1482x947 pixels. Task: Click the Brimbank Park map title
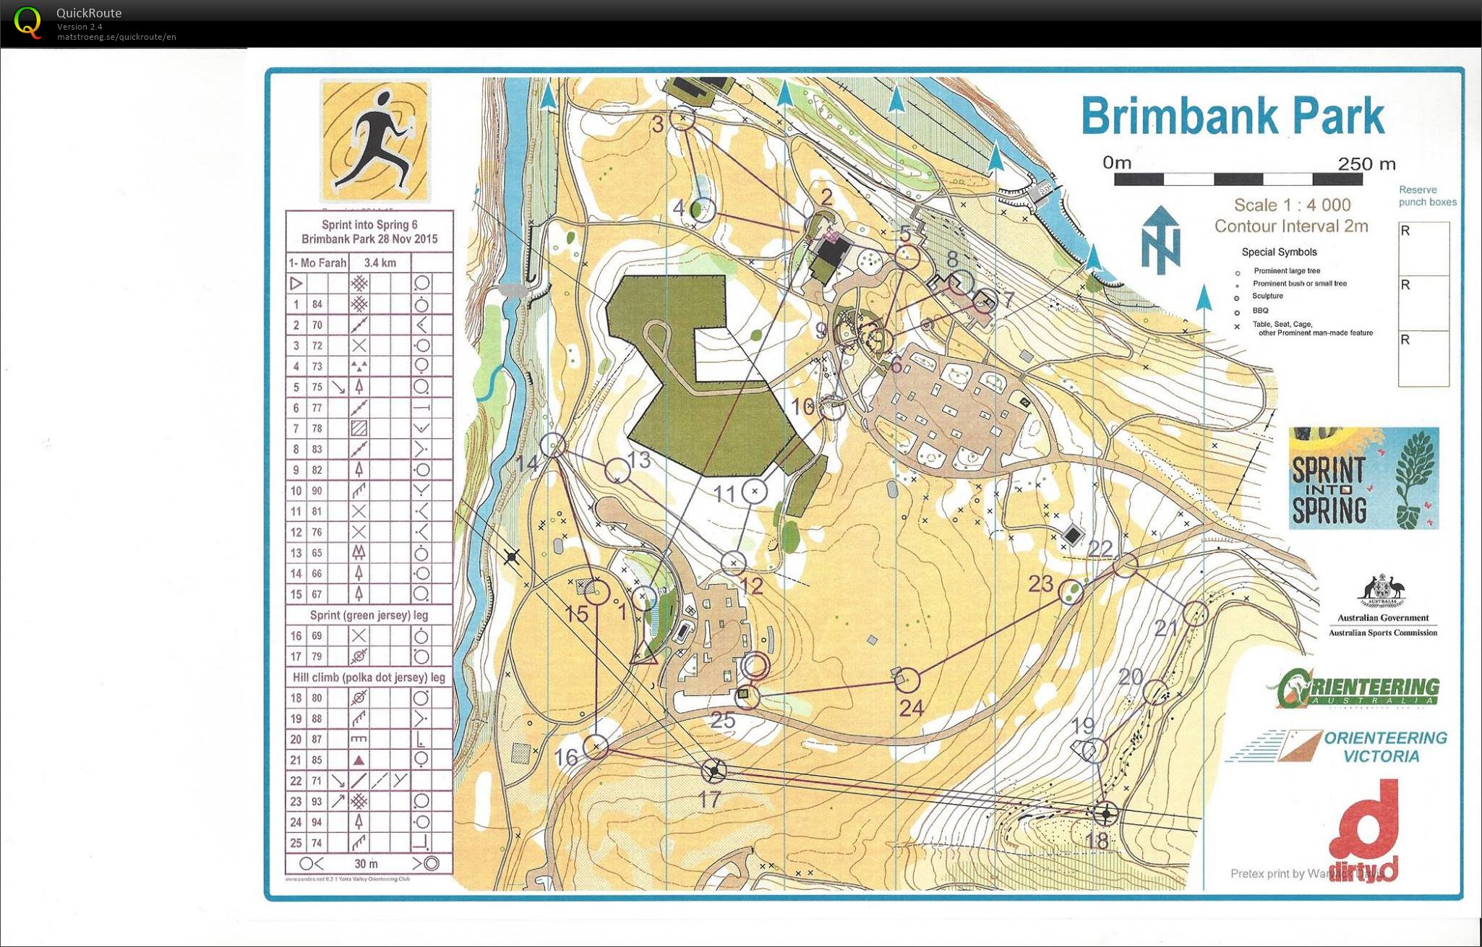coord(1232,116)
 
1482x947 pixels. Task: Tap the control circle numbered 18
coord(1105,814)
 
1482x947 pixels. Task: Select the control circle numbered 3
coord(682,117)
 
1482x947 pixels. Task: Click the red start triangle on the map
coord(643,653)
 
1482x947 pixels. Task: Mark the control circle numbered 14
coord(553,445)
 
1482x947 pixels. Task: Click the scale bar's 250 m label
coord(1366,164)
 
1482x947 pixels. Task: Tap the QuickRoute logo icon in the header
coord(27,22)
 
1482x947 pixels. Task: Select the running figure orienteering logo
coord(374,141)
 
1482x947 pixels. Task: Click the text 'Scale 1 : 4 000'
coord(1292,205)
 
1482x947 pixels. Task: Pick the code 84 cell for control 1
coord(317,304)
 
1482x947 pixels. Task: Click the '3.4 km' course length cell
coord(380,262)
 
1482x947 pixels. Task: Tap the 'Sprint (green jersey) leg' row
coord(369,615)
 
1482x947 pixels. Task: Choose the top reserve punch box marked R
coord(1423,248)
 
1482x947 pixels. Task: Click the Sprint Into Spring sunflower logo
coord(1363,478)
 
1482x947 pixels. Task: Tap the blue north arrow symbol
coord(1161,239)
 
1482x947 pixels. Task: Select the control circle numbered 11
coord(755,492)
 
